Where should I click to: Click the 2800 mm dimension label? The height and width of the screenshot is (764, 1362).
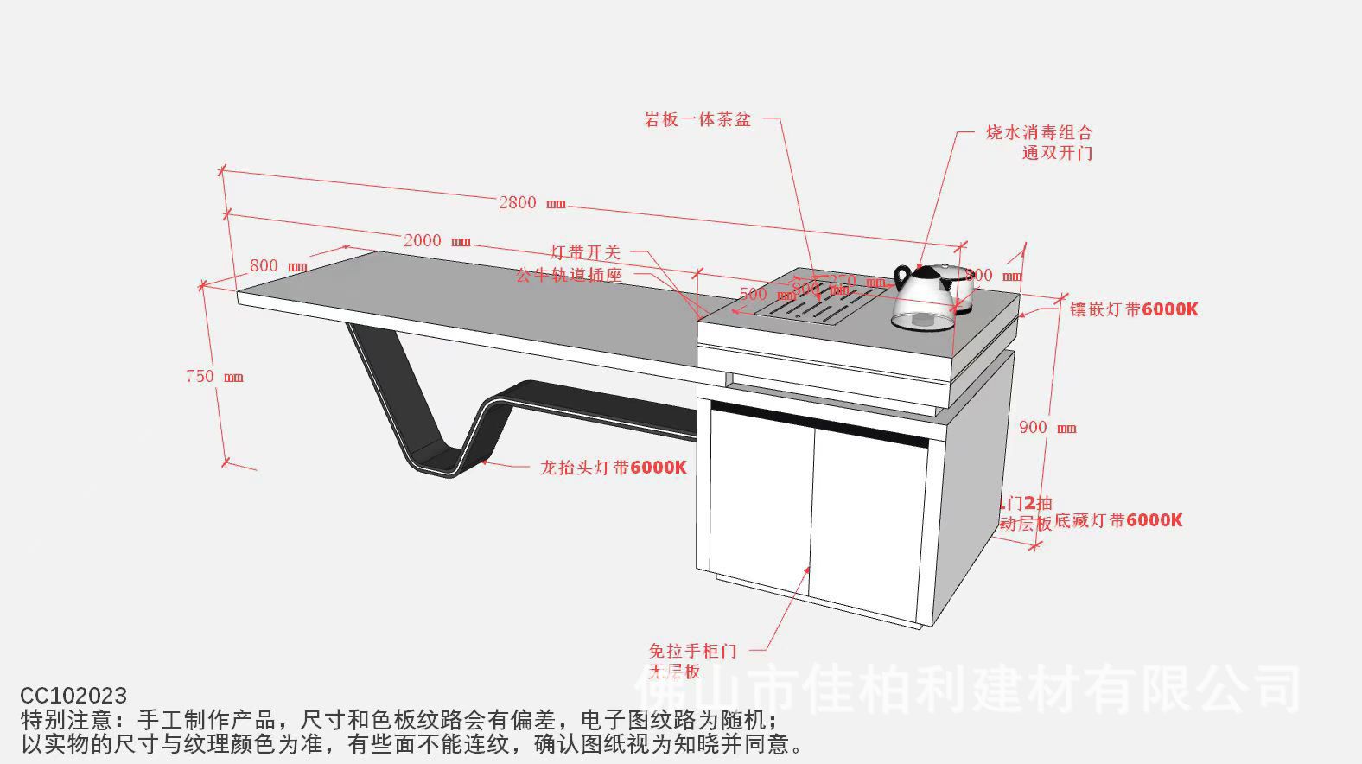click(x=531, y=203)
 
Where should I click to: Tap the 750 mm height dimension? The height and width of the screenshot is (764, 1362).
click(x=214, y=377)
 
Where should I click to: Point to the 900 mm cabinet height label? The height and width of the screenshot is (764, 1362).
click(x=1047, y=428)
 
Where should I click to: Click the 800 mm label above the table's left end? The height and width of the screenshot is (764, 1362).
click(x=277, y=266)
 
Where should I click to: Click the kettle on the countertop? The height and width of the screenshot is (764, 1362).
click(x=923, y=298)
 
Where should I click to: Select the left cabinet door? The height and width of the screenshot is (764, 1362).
click(x=761, y=501)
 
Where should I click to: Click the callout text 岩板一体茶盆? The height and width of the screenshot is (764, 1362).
click(x=697, y=120)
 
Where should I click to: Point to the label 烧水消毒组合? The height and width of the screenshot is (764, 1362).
click(x=1039, y=133)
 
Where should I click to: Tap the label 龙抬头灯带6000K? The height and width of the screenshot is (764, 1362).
click(x=613, y=468)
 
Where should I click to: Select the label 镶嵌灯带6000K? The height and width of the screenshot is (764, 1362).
click(x=1134, y=309)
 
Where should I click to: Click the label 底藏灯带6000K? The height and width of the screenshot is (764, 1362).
click(x=1118, y=520)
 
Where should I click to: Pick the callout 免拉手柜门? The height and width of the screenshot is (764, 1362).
click(x=692, y=651)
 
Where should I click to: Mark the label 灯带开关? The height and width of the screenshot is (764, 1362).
click(x=585, y=252)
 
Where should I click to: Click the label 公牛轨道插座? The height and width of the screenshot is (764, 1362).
click(x=569, y=276)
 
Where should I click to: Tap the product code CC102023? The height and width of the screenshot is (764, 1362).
click(x=73, y=696)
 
